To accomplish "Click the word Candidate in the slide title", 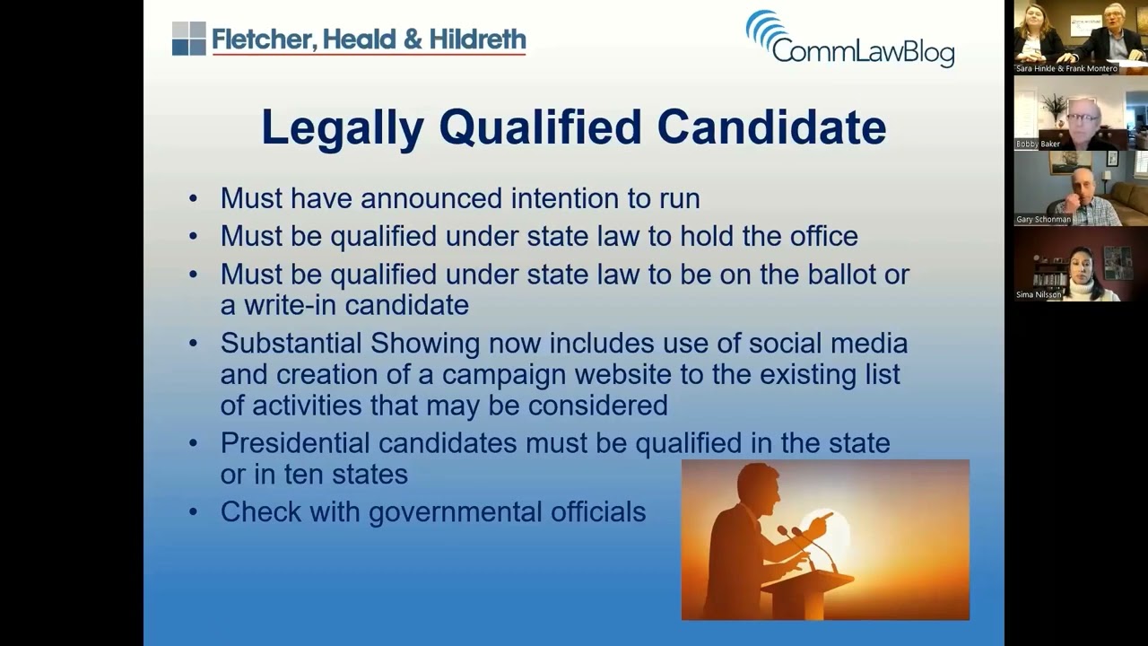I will [x=771, y=127].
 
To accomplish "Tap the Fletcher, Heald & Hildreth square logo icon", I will [x=188, y=39].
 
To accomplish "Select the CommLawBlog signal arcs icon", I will [x=763, y=29].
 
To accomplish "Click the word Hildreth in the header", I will [x=477, y=39].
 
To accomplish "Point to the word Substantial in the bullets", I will [x=291, y=344].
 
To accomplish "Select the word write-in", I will [x=291, y=305].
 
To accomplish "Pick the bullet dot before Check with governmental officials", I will [x=193, y=512].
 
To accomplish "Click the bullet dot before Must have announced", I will [x=193, y=198].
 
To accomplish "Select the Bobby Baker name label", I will [x=1038, y=144].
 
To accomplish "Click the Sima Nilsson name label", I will [x=1039, y=294].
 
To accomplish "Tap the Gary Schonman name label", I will [x=1043, y=219].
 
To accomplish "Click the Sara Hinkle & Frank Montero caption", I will [x=1066, y=68].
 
